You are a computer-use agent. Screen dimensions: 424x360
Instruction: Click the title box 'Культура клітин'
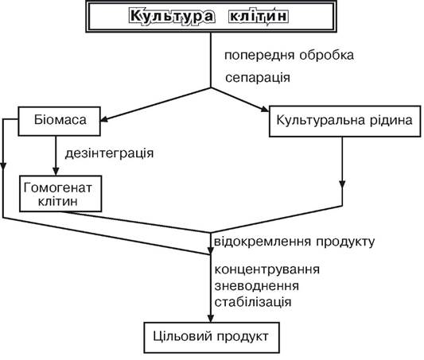point(211,16)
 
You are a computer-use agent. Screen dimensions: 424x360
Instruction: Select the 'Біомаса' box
point(59,121)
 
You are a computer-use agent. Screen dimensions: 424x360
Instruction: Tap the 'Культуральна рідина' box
point(345,121)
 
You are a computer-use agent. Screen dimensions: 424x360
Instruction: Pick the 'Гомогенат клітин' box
point(60,194)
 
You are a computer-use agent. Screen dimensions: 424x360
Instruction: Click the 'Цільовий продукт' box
point(212,337)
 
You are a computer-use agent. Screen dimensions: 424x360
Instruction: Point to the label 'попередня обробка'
point(289,56)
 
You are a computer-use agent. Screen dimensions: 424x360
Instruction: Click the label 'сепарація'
point(258,78)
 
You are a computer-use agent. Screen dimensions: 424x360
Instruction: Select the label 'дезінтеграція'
point(109,153)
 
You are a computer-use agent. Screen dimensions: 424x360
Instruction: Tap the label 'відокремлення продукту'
point(294,242)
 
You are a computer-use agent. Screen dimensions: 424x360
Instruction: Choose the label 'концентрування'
point(267,269)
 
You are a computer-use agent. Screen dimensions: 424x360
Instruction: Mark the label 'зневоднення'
point(257,286)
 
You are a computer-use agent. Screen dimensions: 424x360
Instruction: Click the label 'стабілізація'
point(253,302)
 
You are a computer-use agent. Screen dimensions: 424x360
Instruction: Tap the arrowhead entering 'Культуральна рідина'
point(264,108)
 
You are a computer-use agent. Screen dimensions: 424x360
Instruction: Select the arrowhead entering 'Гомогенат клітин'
point(56,171)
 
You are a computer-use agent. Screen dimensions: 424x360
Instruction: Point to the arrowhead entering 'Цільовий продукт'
point(211,318)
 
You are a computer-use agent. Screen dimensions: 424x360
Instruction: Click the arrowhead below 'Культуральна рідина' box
point(342,184)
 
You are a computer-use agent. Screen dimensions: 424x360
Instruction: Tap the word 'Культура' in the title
point(173,16)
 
